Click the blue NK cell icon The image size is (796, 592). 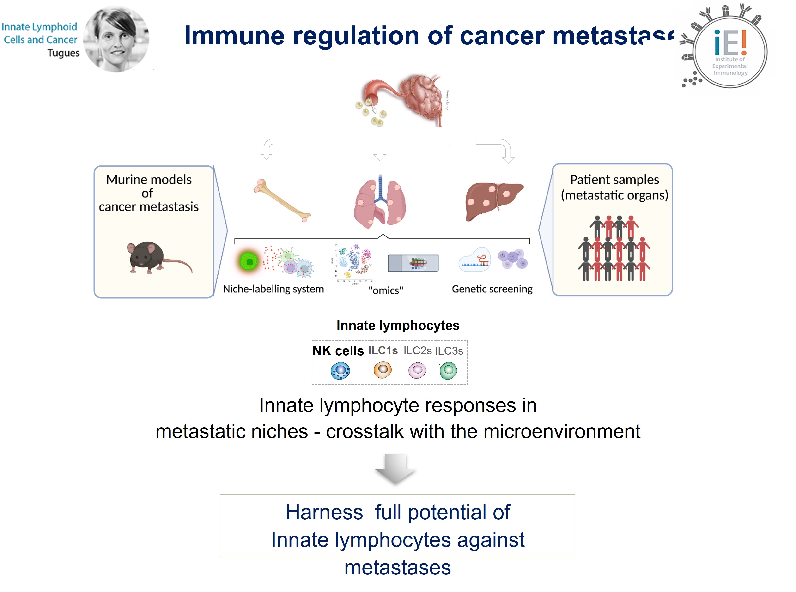pos(340,370)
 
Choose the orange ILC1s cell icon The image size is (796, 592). pos(383,369)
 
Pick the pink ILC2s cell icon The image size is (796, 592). pos(417,370)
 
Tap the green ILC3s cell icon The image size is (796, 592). pos(448,370)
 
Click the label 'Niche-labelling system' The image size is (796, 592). pos(273,289)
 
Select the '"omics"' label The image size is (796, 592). pos(386,290)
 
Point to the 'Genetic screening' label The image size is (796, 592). pos(492,289)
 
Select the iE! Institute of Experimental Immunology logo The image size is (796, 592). pos(728,50)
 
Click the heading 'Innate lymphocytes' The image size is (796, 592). pos(397,325)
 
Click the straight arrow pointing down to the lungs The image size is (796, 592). pos(380,150)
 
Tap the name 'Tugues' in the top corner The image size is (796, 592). pos(63,53)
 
